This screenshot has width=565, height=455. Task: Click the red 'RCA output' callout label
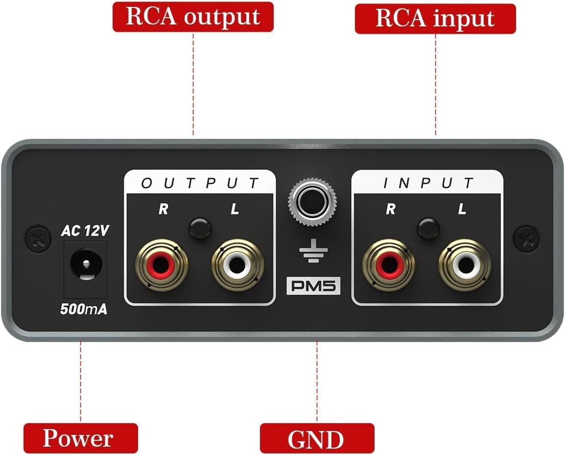(193, 17)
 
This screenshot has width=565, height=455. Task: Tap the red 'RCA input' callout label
(435, 19)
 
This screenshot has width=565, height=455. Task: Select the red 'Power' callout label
(78, 438)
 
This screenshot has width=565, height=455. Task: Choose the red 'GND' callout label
(316, 439)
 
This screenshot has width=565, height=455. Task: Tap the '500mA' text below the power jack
(84, 309)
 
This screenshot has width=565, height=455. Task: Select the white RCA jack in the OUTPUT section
(237, 266)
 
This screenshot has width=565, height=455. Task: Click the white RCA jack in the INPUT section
(465, 266)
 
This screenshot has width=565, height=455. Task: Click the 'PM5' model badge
(313, 286)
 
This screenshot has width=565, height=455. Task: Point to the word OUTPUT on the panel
(199, 183)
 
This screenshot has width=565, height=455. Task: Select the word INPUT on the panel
(427, 183)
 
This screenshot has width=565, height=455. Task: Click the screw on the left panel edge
(38, 239)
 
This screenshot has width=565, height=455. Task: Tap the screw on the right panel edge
(526, 239)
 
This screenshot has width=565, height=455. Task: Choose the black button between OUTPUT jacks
(200, 228)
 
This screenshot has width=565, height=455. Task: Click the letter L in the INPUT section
(461, 209)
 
